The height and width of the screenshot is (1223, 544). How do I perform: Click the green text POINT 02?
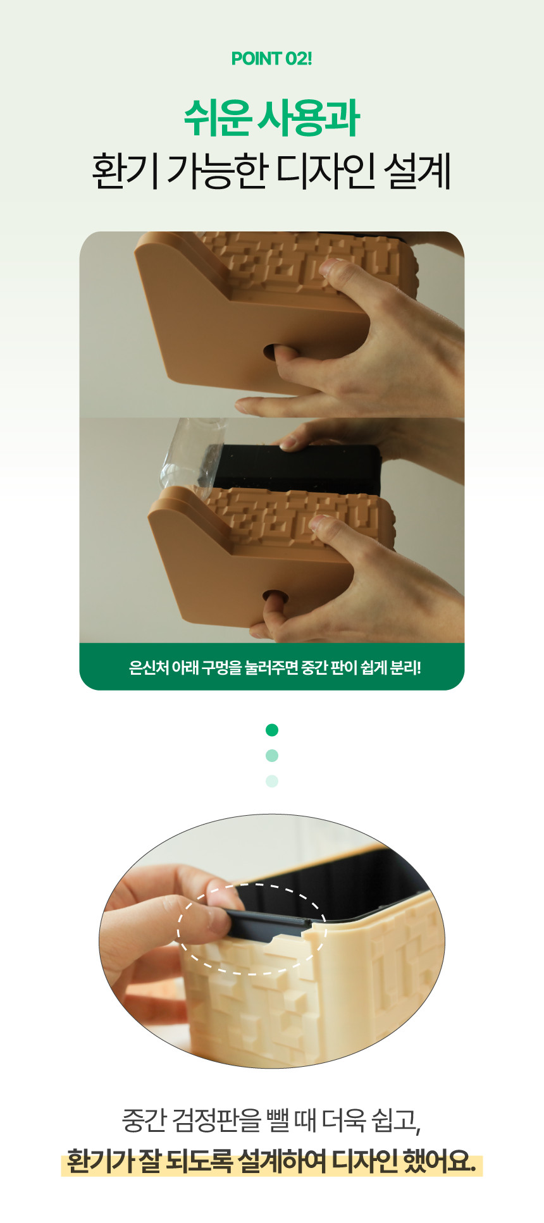(272, 59)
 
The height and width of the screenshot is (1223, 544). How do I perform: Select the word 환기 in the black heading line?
(124, 171)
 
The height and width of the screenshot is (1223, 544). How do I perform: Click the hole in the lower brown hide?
(273, 596)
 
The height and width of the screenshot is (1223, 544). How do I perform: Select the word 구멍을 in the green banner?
(222, 667)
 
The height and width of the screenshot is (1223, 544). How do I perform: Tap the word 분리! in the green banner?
(405, 667)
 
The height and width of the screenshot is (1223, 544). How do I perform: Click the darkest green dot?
(272, 730)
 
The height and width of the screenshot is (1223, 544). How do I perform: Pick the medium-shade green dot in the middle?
(272, 756)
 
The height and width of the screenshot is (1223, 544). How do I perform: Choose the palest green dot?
(272, 781)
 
